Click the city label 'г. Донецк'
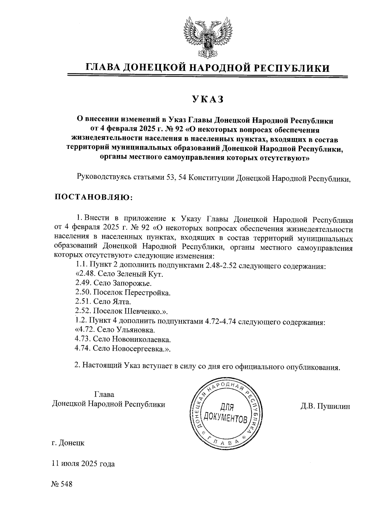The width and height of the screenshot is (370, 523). click(x=68, y=443)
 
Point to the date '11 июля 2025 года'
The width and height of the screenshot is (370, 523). click(x=83, y=464)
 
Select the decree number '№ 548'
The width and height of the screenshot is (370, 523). click(x=62, y=484)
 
